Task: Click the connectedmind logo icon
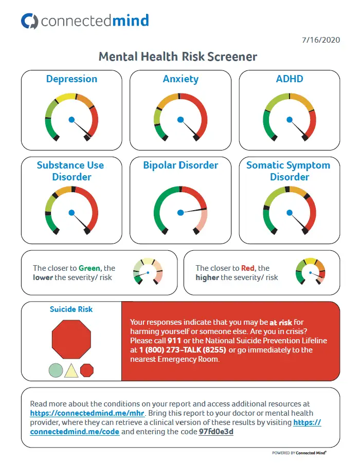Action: [x=29, y=21]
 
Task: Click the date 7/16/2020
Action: [x=321, y=40]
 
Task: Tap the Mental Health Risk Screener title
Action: [x=178, y=57]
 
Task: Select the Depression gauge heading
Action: [x=71, y=79]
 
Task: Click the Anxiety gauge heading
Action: [x=181, y=79]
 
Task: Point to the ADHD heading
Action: [x=290, y=79]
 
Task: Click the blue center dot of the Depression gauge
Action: [x=71, y=120]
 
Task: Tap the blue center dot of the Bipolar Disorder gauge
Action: [x=181, y=213]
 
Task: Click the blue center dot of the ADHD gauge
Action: [x=290, y=120]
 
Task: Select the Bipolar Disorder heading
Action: [x=181, y=165]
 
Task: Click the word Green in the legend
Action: [x=89, y=268]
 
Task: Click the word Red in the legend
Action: [x=248, y=268]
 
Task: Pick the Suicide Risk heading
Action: [x=71, y=309]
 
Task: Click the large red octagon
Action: [x=71, y=339]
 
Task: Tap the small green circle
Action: [x=56, y=371]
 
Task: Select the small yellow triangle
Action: [x=71, y=372]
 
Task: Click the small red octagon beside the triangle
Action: [x=87, y=371]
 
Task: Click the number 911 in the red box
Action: [x=174, y=341]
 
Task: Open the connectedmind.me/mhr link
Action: [x=87, y=413]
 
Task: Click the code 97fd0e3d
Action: [x=216, y=432]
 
